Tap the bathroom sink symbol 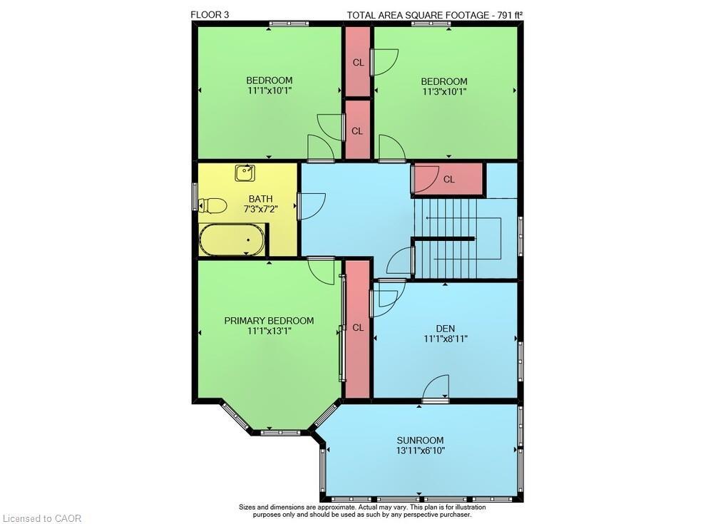coord(245,173)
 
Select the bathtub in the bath coord(232,240)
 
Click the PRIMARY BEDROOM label coord(269,321)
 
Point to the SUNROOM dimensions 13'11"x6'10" coord(420,451)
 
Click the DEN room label coord(445,329)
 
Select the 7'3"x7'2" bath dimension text coord(260,209)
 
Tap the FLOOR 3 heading coord(210,14)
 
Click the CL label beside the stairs coord(448,179)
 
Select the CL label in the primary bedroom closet coord(358,327)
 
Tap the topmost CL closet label coord(359,62)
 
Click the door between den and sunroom coord(435,389)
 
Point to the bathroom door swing coord(312,207)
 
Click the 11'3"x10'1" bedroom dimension coord(443,91)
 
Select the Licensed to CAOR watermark coord(42,518)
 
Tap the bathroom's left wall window coord(195,197)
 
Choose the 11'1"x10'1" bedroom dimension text coord(270,90)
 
